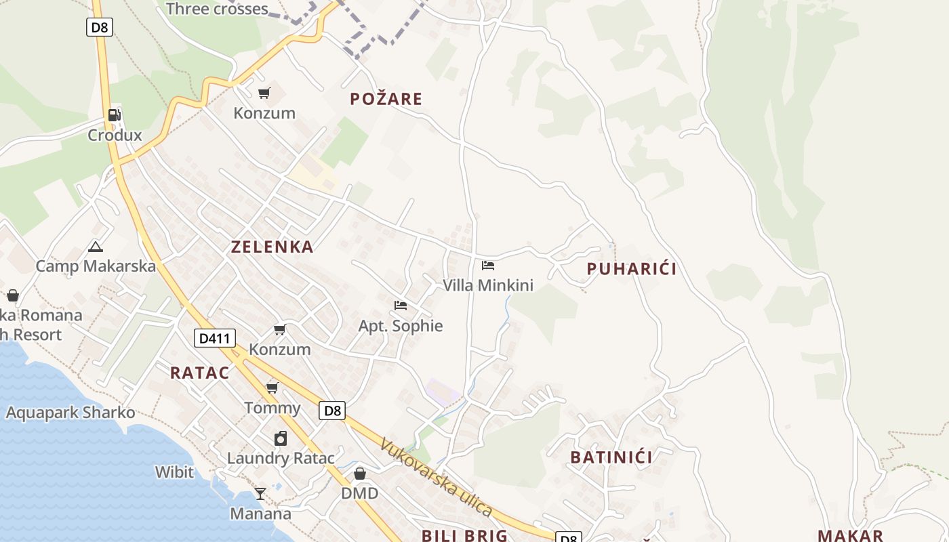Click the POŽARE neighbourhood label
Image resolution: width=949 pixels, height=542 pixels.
[386, 99]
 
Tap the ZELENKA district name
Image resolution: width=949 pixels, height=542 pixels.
[272, 247]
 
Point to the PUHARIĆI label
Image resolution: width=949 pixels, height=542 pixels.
[631, 269]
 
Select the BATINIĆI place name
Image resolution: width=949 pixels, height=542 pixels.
[611, 457]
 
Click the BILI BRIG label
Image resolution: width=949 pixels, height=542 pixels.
[464, 535]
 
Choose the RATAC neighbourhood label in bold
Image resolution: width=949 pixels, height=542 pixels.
[199, 372]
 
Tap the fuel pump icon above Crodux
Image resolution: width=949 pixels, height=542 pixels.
[115, 115]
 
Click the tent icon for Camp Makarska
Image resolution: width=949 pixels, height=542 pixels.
[96, 247]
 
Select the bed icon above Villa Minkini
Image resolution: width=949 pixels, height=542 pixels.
[488, 266]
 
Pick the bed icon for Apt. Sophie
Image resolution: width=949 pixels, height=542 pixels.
[401, 306]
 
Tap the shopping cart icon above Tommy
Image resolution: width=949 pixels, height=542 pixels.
[272, 388]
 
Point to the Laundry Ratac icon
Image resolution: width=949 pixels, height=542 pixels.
[281, 438]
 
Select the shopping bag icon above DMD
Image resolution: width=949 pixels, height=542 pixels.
[360, 473]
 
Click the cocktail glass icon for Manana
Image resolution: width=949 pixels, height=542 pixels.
[260, 493]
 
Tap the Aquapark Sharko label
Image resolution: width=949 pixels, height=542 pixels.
[70, 413]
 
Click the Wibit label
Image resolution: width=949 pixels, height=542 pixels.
[174, 472]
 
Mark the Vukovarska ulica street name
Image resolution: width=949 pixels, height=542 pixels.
[435, 476]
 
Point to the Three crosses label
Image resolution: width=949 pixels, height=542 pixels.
[217, 9]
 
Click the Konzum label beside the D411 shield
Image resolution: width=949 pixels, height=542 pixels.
[280, 350]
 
